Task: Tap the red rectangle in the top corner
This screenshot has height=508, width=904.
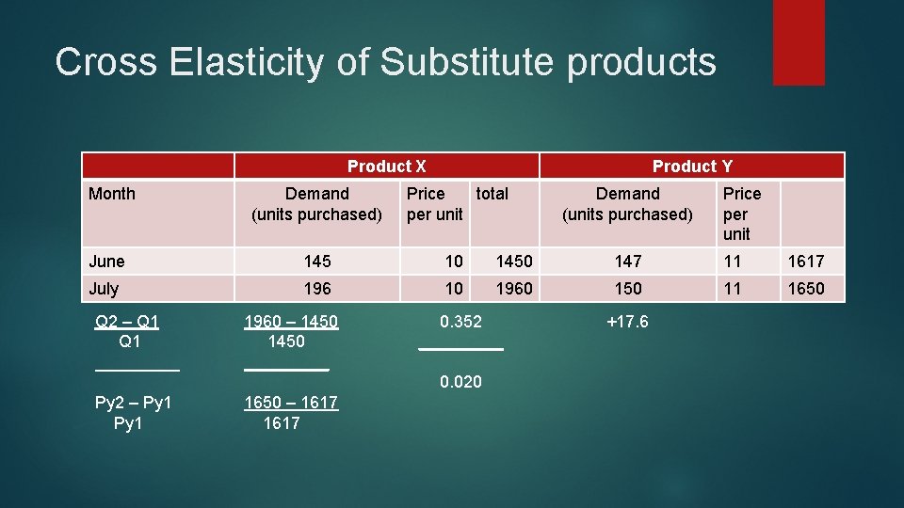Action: pyautogui.click(x=799, y=42)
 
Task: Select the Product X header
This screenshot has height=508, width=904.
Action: pyautogui.click(x=386, y=167)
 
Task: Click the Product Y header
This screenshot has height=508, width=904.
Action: pyautogui.click(x=692, y=167)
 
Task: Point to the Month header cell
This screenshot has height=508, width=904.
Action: pyautogui.click(x=112, y=194)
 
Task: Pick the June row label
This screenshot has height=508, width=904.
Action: pyautogui.click(x=106, y=261)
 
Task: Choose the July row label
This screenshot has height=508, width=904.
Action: pyautogui.click(x=105, y=288)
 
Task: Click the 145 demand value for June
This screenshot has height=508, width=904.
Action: pyautogui.click(x=317, y=261)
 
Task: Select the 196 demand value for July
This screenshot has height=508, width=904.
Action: pyautogui.click(x=317, y=288)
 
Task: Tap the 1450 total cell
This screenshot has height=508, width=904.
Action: pyautogui.click(x=514, y=261)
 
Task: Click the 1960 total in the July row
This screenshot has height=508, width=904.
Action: pyautogui.click(x=514, y=288)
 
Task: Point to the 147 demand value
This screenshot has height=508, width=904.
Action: pyautogui.click(x=627, y=261)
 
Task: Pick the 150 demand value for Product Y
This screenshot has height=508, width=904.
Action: pyautogui.click(x=627, y=288)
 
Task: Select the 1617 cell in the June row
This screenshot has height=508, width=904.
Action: pyautogui.click(x=805, y=261)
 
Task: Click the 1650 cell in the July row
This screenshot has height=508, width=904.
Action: pyautogui.click(x=805, y=288)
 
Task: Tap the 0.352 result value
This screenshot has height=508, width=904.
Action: pyautogui.click(x=460, y=322)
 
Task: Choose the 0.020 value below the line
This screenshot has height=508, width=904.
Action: pyautogui.click(x=460, y=381)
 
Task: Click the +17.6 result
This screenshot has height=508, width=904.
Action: pyautogui.click(x=627, y=322)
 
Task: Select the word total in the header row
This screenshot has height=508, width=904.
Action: pyautogui.click(x=492, y=194)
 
